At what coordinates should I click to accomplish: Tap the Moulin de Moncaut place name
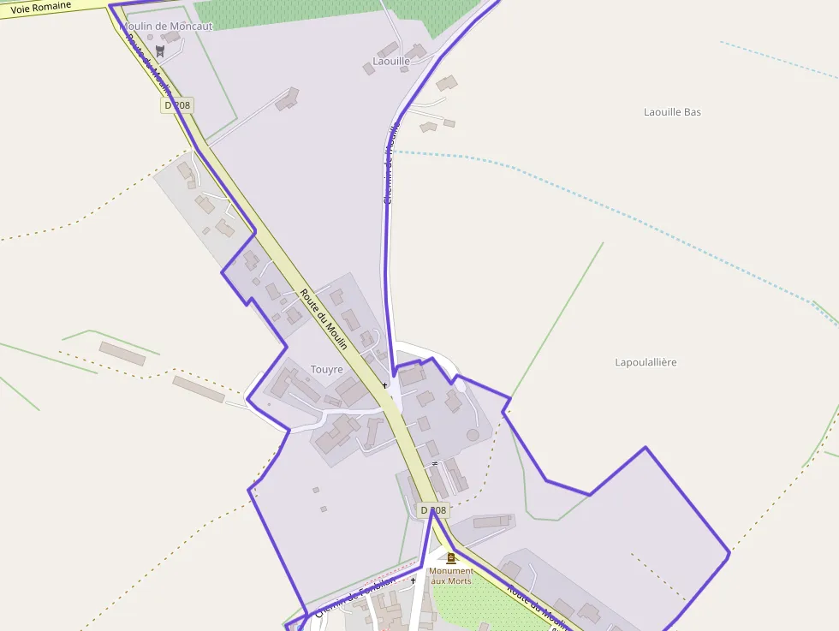tap(168, 26)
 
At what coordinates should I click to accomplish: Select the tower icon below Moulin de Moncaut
tap(159, 51)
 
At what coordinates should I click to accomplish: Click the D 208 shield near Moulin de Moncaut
tap(177, 105)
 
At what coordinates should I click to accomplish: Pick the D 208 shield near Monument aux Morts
tap(433, 510)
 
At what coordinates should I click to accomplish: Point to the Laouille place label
tap(391, 62)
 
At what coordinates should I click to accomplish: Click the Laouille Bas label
tap(672, 112)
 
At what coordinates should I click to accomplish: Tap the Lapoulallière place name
tap(646, 362)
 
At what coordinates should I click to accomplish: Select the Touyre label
tap(326, 370)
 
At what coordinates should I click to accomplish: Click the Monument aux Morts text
tap(451, 576)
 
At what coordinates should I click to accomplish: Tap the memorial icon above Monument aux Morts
tap(451, 558)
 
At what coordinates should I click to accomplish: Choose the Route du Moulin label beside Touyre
tap(324, 319)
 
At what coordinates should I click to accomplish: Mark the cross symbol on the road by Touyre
tap(384, 385)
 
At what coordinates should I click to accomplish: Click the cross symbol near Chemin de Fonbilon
tap(413, 580)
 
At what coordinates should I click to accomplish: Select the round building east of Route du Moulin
tap(473, 435)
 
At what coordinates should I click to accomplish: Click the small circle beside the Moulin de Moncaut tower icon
tap(150, 38)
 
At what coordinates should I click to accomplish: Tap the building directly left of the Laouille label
tap(369, 68)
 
